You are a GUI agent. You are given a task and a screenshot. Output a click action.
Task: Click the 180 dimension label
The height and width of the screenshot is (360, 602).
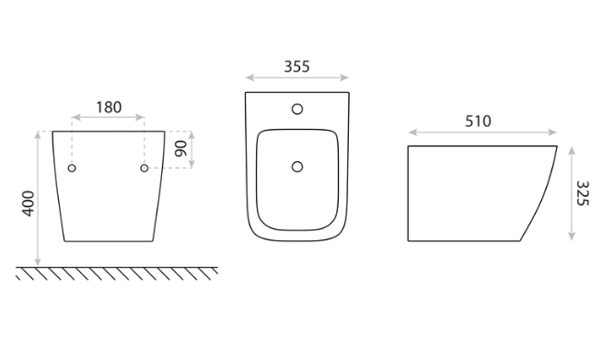pyautogui.click(x=109, y=108)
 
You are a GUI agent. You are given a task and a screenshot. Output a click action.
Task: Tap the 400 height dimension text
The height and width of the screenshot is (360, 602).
pyautogui.click(x=29, y=203)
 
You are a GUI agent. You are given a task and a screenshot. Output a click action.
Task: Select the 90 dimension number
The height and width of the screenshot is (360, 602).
pyautogui.click(x=180, y=148)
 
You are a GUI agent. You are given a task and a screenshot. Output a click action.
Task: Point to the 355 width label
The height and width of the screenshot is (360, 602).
pyautogui.click(x=296, y=67)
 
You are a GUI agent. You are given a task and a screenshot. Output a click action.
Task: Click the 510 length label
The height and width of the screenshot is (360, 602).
pyautogui.click(x=478, y=122)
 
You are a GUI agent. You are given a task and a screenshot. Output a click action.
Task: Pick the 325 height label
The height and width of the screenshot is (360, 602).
pyautogui.click(x=583, y=193)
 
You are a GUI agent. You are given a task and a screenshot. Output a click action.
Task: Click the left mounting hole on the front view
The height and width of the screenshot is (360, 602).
pyautogui.click(x=72, y=168)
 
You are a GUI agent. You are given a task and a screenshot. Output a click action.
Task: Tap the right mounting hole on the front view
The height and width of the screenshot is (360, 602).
pyautogui.click(x=145, y=168)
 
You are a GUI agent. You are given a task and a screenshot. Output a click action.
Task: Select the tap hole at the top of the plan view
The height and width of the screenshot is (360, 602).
pyautogui.click(x=297, y=110)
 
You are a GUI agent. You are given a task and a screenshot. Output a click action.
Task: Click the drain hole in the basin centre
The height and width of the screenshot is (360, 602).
pyautogui.click(x=297, y=167)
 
